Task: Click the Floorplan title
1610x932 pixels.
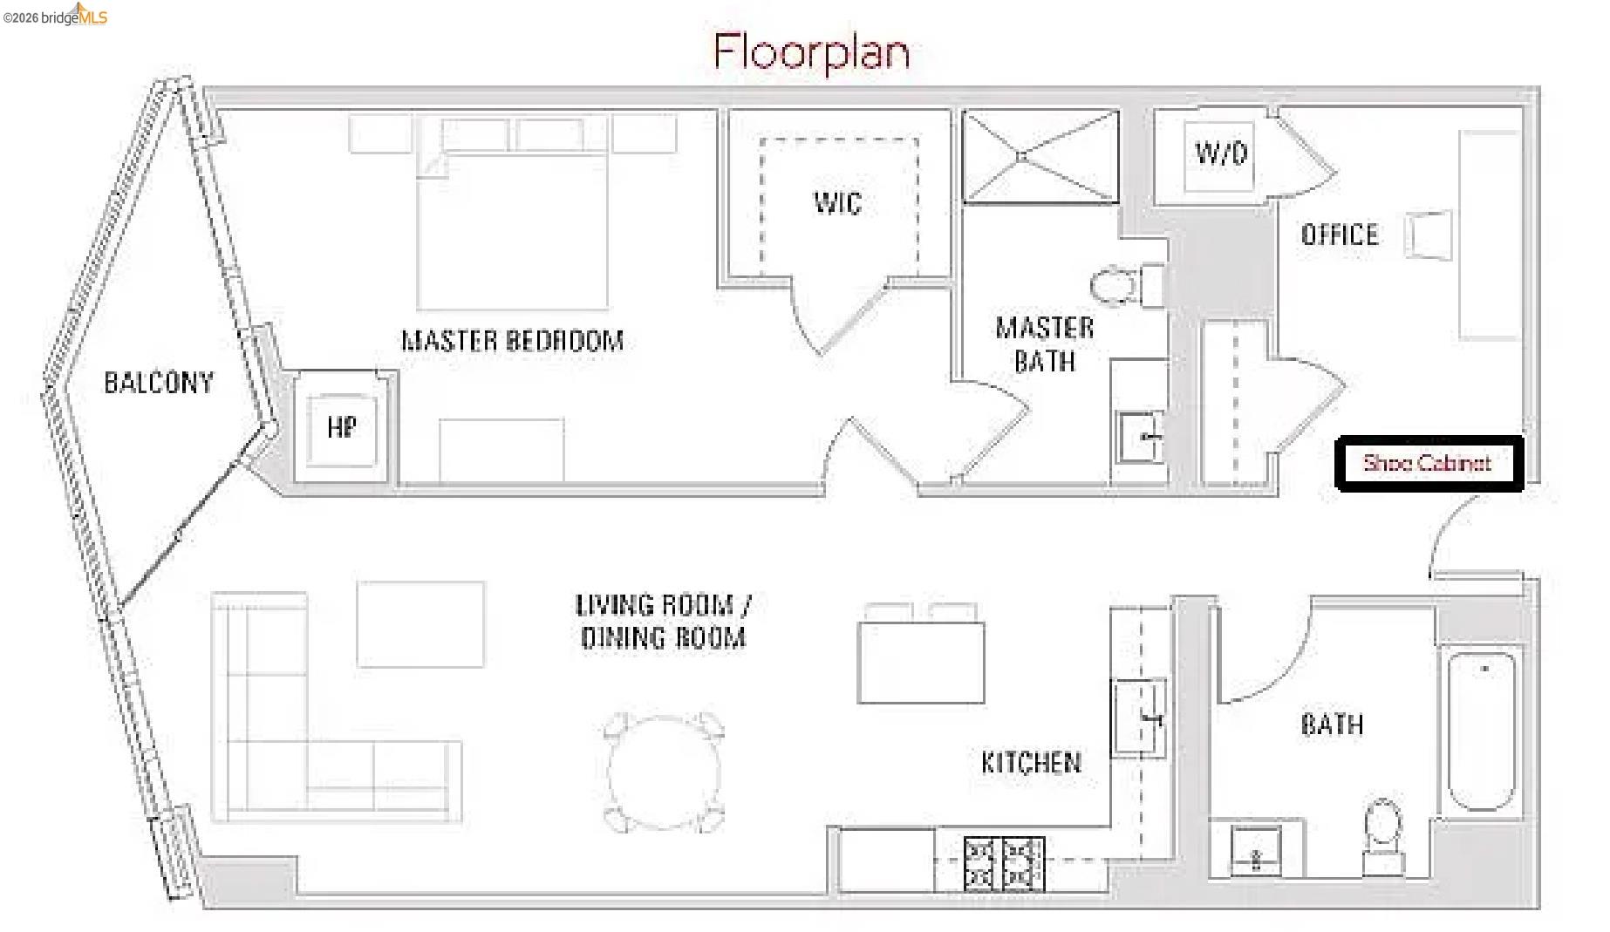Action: pyautogui.click(x=811, y=52)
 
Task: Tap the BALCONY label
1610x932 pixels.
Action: pyautogui.click(x=159, y=383)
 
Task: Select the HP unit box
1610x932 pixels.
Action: pyautogui.click(x=341, y=427)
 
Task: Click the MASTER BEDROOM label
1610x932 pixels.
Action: pyautogui.click(x=513, y=341)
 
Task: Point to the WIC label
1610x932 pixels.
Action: pyautogui.click(x=837, y=203)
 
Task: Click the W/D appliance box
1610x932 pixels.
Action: pyautogui.click(x=1220, y=155)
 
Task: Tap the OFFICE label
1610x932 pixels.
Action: pyautogui.click(x=1340, y=235)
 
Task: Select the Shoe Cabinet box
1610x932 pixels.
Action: pyautogui.click(x=1429, y=463)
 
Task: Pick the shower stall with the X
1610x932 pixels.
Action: pyautogui.click(x=1040, y=157)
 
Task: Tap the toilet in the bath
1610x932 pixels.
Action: pyautogui.click(x=1382, y=828)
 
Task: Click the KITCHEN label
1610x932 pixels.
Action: pyautogui.click(x=1031, y=763)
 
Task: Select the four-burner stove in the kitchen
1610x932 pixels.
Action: pyautogui.click(x=1003, y=863)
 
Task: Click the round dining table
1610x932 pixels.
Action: pyautogui.click(x=665, y=772)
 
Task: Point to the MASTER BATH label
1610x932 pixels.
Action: pyautogui.click(x=1045, y=344)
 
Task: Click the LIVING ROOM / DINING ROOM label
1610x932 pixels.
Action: pyautogui.click(x=663, y=621)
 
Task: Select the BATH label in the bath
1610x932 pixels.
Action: pyautogui.click(x=1331, y=725)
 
